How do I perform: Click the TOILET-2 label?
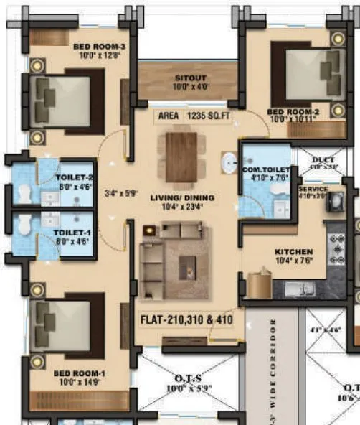click(x=75, y=177)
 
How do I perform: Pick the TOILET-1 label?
click(x=73, y=234)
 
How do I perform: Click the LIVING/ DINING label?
click(x=181, y=198)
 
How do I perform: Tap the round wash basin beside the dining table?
click(x=229, y=163)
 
